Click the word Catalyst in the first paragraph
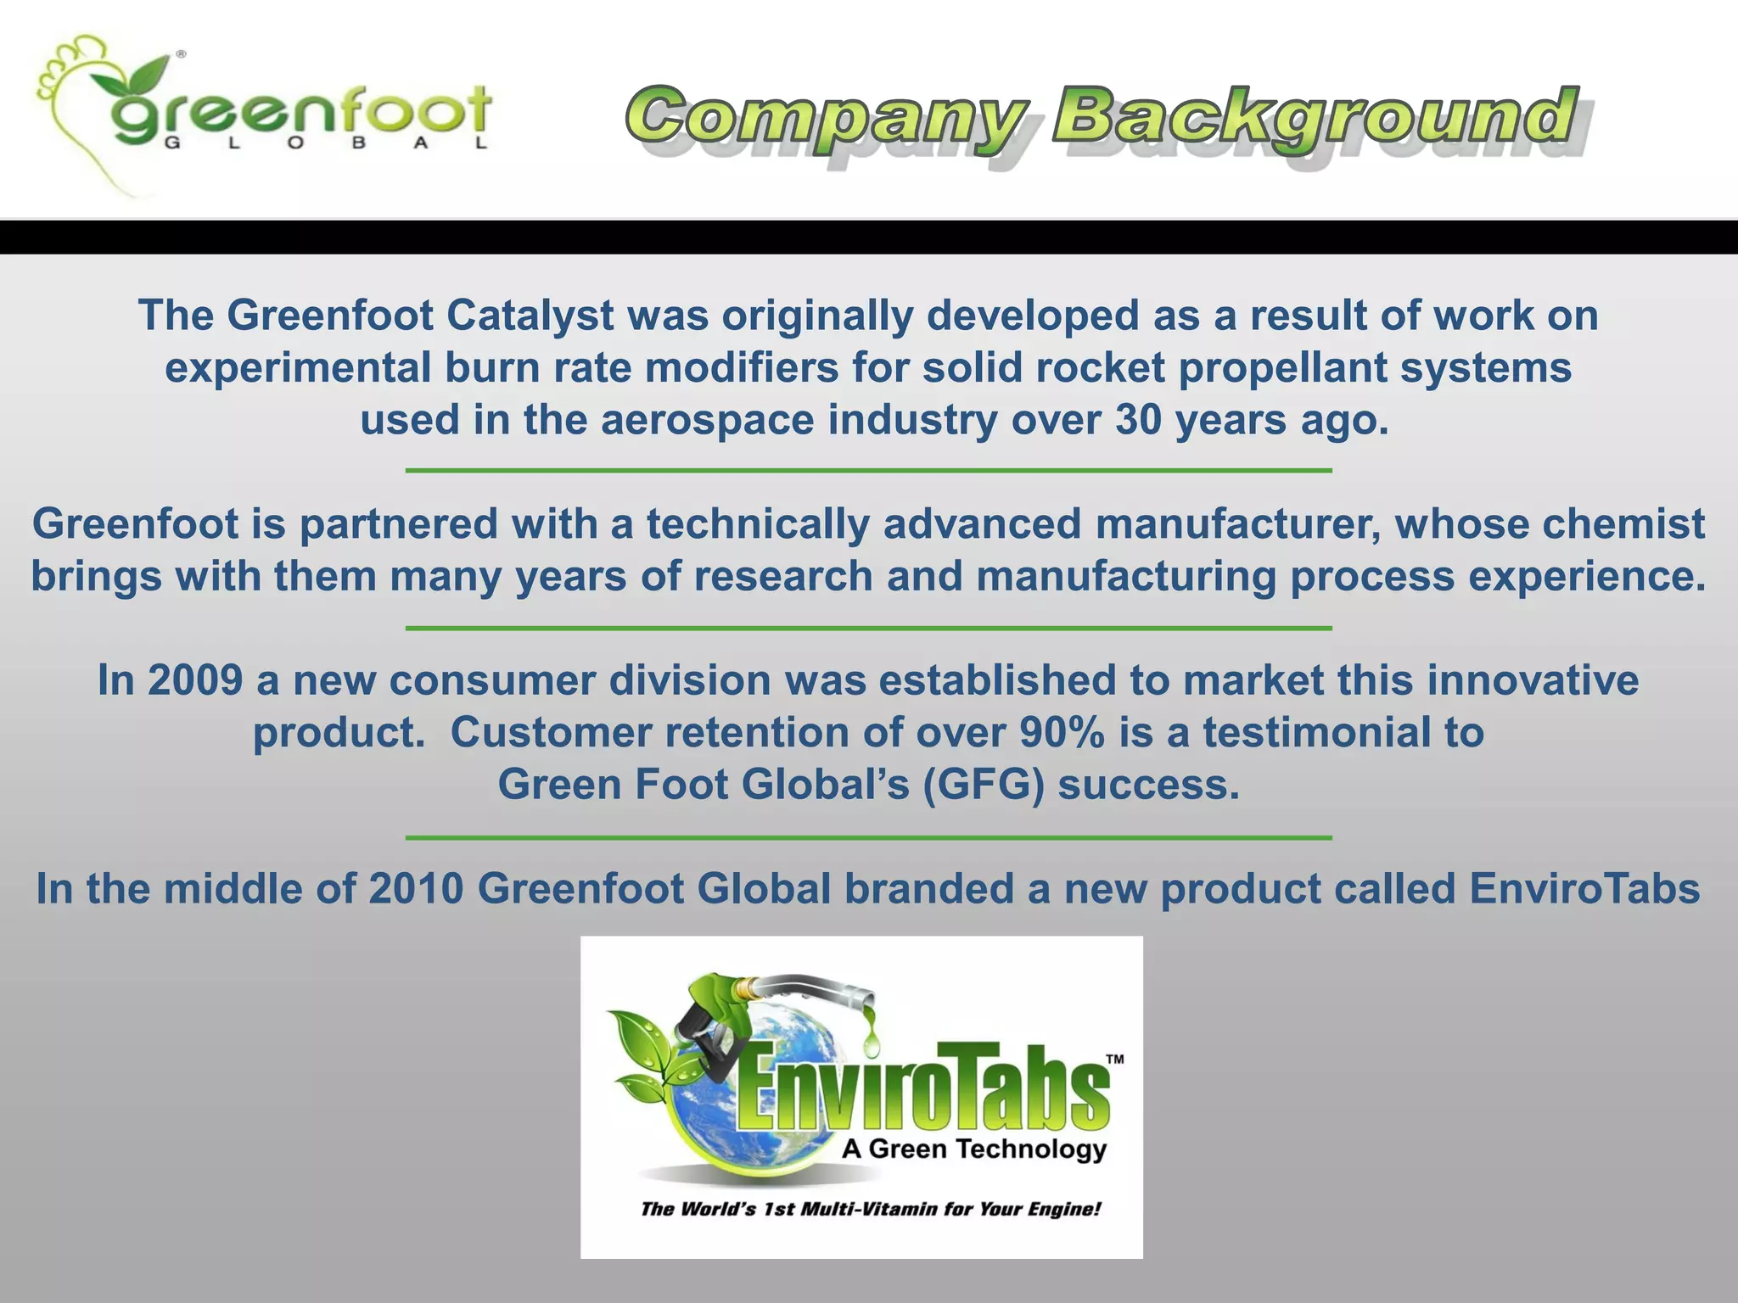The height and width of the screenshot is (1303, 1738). (530, 316)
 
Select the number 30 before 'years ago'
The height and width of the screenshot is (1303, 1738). (1137, 420)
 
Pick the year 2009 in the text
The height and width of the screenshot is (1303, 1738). (195, 680)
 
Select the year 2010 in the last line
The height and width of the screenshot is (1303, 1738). (416, 889)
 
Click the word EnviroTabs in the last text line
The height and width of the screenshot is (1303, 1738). (1584, 889)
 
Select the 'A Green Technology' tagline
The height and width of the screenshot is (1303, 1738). (973, 1149)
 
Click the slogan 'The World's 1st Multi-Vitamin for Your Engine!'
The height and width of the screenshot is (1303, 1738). (871, 1209)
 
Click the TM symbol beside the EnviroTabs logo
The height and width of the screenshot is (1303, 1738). (1114, 1060)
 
